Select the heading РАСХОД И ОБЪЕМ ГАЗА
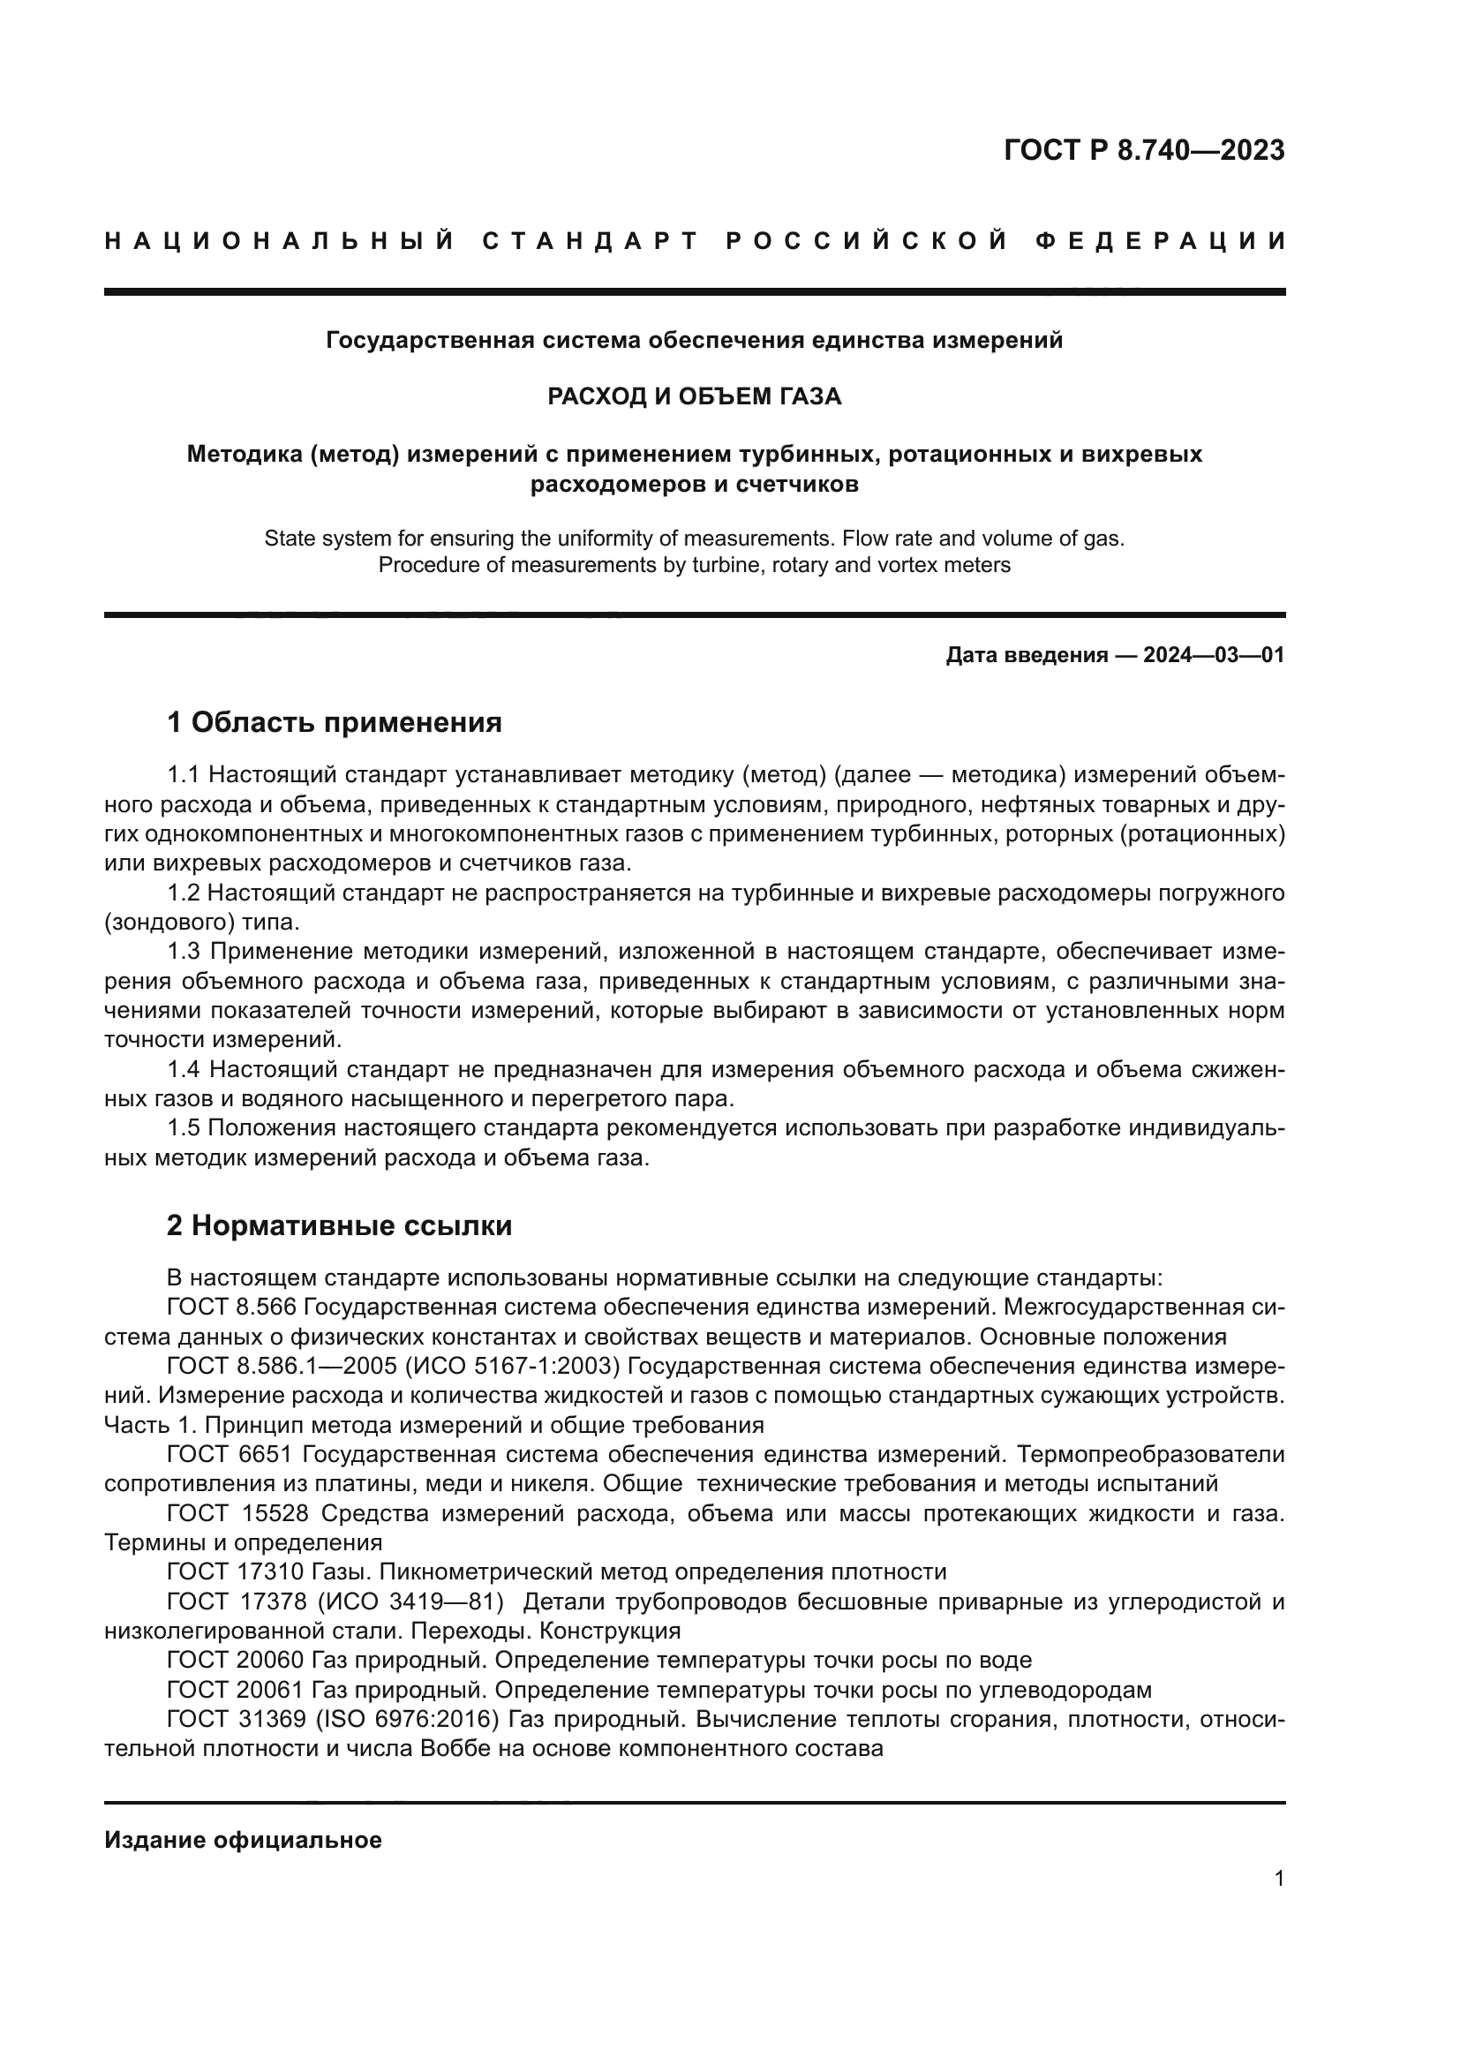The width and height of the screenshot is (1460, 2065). pos(694,396)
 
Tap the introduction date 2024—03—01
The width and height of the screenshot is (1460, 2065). pos(1214,655)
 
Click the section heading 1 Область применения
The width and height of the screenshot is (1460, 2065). pos(335,722)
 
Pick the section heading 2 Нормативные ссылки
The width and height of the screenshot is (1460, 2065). pos(339,1226)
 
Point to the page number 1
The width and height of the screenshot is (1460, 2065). pos(1279,1879)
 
